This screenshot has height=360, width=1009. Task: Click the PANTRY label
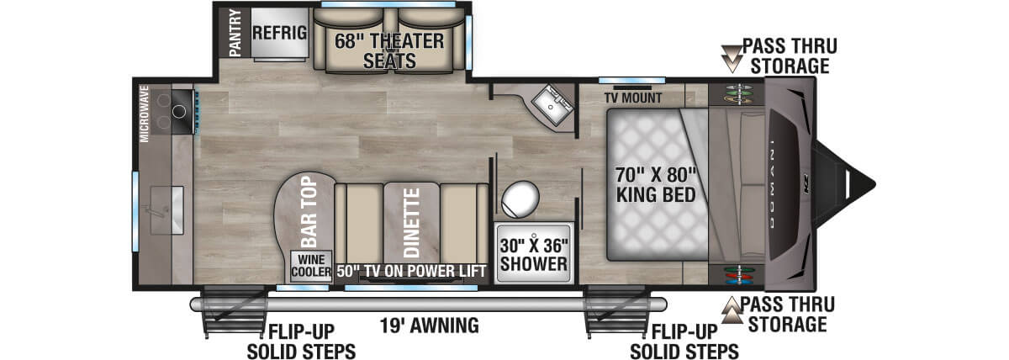pyautogui.click(x=235, y=32)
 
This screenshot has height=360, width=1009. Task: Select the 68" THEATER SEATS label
pyautogui.click(x=389, y=50)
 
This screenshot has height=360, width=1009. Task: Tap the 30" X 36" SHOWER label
pyautogui.click(x=533, y=254)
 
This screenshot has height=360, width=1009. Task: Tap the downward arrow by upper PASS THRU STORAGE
pyautogui.click(x=733, y=56)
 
